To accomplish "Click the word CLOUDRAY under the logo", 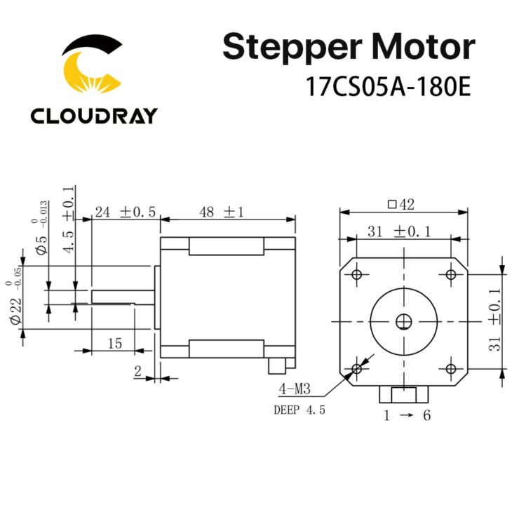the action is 94,116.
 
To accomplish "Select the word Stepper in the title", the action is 292,48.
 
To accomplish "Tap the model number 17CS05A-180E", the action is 389,86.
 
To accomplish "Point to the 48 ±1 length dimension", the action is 222,213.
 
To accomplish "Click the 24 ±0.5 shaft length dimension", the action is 126,213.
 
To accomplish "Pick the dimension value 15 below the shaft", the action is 115,344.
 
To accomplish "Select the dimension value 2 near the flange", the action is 137,371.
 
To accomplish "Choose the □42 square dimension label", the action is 401,205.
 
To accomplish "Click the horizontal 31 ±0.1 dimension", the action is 399,232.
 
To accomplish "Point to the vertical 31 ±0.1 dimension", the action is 495,320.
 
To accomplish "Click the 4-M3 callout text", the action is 294,389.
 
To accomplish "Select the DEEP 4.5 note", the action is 299,410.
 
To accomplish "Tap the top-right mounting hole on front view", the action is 451,274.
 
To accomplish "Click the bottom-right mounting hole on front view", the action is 451,369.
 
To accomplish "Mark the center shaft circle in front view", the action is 404,322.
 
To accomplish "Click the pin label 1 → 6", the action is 407,415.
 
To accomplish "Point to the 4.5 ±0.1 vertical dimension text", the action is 69,220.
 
